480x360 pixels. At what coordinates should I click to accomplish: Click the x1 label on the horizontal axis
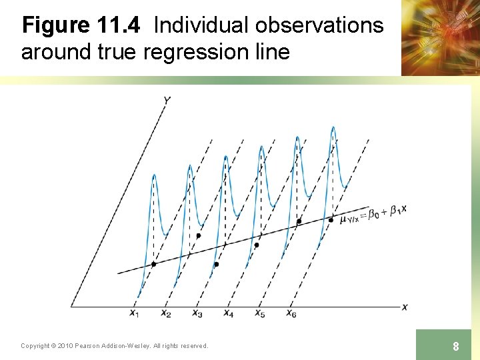134,313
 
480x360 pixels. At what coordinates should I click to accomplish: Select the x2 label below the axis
165,313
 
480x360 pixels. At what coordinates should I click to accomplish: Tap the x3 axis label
197,313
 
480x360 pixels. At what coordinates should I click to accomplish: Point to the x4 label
228,313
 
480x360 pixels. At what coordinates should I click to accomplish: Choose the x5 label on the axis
259,313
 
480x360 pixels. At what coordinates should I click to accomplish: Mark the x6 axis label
291,313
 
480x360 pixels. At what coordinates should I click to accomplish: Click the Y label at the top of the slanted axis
167,100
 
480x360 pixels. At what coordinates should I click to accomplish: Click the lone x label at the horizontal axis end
405,307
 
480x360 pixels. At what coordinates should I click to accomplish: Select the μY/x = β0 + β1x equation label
373,215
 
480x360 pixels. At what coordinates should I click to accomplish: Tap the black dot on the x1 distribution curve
153,265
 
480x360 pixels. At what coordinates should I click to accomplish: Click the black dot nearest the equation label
331,219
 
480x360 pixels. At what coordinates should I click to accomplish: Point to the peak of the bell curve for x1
154,175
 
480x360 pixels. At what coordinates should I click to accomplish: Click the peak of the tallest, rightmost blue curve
333,127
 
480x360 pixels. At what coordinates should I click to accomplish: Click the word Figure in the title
56,25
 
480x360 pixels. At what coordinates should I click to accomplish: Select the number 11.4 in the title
119,25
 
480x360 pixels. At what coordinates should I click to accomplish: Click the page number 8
455,346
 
